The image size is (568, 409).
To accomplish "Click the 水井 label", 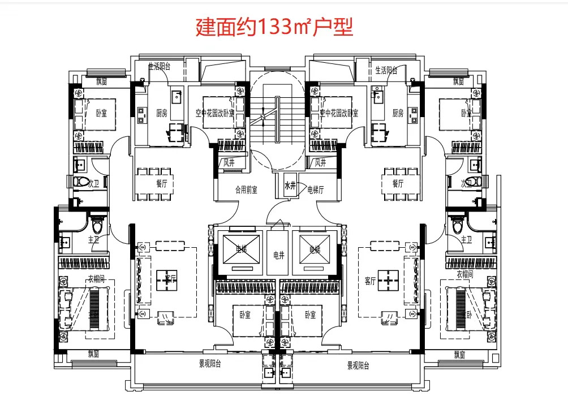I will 290,185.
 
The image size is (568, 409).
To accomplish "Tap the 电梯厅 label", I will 315,190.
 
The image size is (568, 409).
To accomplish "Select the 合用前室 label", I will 246,190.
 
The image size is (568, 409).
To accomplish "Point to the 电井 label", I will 278,256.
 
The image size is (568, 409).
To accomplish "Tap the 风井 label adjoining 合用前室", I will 229,163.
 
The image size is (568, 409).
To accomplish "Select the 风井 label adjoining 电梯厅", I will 320,163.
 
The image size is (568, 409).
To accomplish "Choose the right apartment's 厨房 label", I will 398,113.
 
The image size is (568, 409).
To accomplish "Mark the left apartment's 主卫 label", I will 93,240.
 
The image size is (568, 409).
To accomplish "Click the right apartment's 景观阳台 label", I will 358,365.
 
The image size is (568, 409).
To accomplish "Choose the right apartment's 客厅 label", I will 371,281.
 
